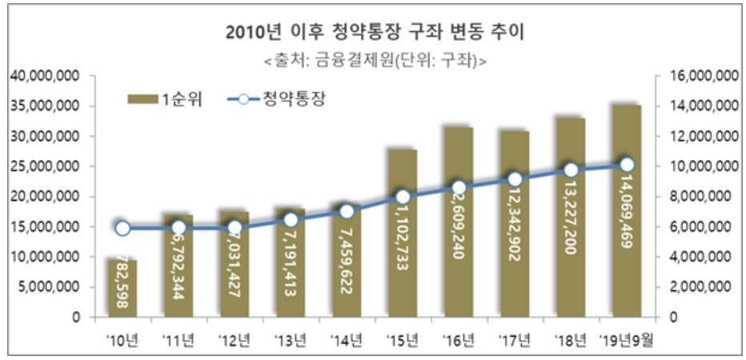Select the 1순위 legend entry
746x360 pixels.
(x=164, y=99)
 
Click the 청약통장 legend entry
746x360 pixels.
(x=276, y=99)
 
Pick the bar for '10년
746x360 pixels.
(x=122, y=288)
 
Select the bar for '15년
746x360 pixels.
(x=403, y=232)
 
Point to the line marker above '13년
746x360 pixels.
(x=291, y=220)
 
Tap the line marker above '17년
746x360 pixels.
(x=515, y=179)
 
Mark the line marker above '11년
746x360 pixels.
(x=178, y=228)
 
